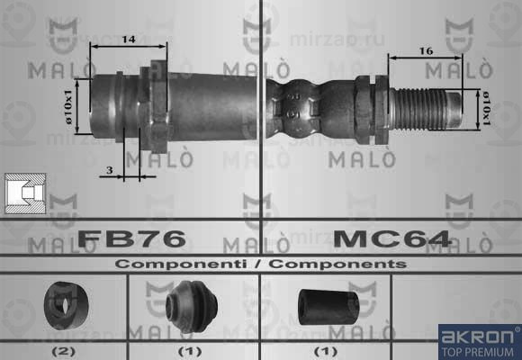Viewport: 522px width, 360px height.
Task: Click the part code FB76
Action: [x=131, y=238]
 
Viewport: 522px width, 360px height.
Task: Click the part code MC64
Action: [x=391, y=238]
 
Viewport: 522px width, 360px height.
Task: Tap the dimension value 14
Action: [x=129, y=40]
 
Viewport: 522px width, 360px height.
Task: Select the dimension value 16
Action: [x=425, y=51]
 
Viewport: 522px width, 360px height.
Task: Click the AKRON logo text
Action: [x=478, y=337]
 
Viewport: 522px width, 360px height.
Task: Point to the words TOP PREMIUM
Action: [x=478, y=352]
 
